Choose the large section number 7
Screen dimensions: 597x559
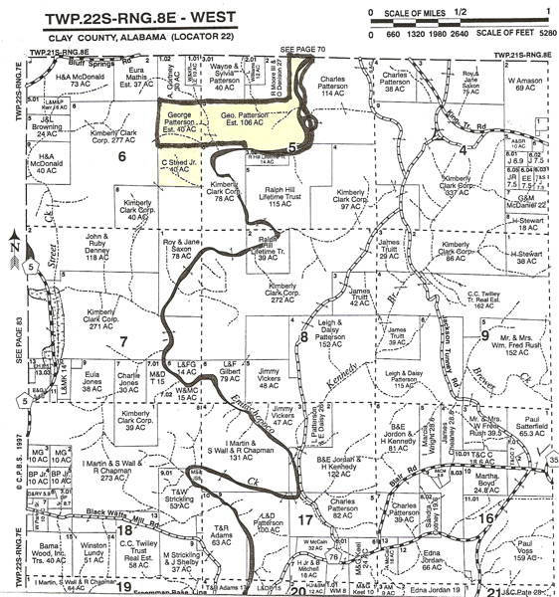[123, 341]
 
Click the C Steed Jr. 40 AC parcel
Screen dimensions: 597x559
[174, 170]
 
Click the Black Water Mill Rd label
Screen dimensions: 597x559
[94, 514]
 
